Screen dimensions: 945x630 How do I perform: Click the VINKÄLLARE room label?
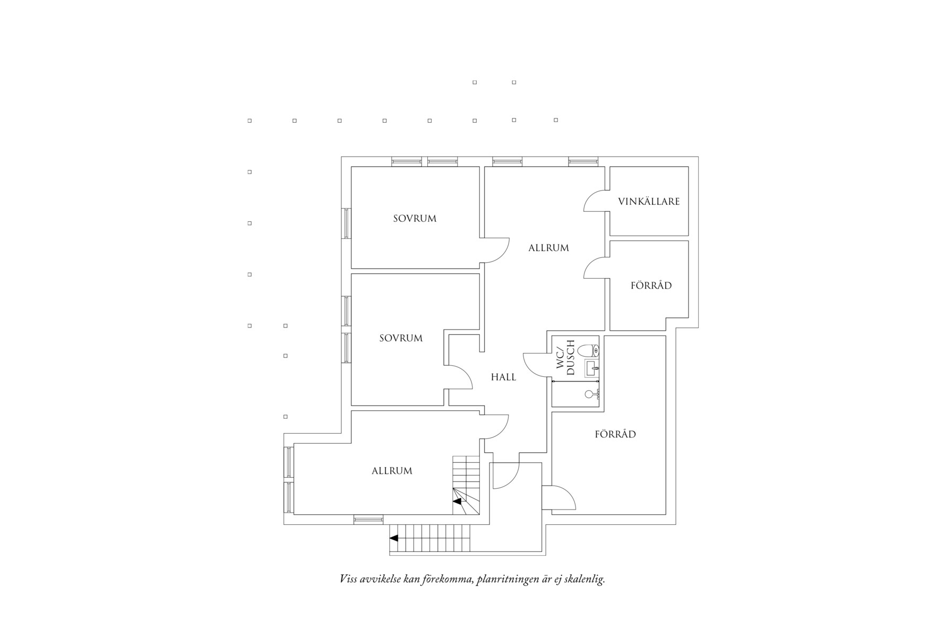[649, 202]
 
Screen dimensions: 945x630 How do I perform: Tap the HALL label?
[503, 377]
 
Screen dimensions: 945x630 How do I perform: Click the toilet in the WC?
[589, 350]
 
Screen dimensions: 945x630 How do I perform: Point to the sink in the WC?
[592, 367]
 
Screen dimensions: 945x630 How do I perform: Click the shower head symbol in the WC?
[591, 394]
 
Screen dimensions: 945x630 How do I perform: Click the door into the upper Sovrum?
[495, 250]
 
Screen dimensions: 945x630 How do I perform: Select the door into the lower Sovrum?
[459, 377]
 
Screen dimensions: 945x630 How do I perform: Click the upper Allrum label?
[548, 248]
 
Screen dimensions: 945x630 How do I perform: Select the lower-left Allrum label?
[392, 471]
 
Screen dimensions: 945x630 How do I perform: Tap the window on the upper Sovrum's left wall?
[346, 223]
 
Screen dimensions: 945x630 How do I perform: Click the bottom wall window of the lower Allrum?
[368, 520]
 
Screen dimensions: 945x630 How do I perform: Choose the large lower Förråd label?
[615, 434]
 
